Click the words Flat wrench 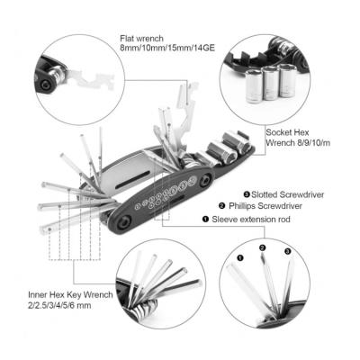tap(142, 39)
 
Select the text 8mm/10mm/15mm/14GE tap(167, 48)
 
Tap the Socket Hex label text tap(287, 132)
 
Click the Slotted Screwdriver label tap(288, 194)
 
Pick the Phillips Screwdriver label tap(265, 206)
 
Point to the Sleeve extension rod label tap(251, 220)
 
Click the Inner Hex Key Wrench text tap(70, 295)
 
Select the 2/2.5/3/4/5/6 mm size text tap(59, 306)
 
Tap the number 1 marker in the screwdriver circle tap(239, 257)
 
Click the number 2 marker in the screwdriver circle tap(263, 247)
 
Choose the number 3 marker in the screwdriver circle tap(287, 252)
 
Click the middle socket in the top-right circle tap(270, 83)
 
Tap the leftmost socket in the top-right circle tap(254, 86)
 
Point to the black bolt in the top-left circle tap(46, 85)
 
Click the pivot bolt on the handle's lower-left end tap(123, 223)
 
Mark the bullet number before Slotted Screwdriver tap(247, 194)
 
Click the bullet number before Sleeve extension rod tap(205, 220)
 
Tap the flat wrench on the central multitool tap(186, 117)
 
